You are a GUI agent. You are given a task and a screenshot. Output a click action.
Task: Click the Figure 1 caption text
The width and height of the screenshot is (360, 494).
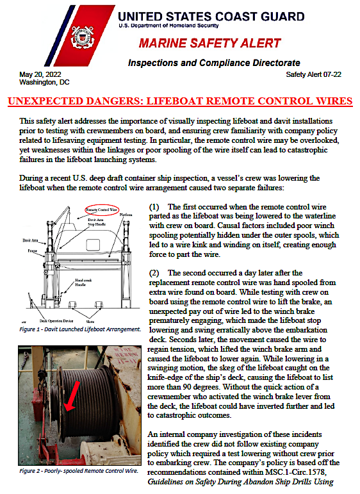pyautogui.click(x=80, y=329)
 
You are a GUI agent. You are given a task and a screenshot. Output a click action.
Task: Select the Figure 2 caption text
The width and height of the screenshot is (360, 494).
pyautogui.click(x=79, y=470)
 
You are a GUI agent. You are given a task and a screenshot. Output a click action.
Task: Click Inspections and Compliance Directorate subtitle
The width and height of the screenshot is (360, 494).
pyautogui.click(x=213, y=63)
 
